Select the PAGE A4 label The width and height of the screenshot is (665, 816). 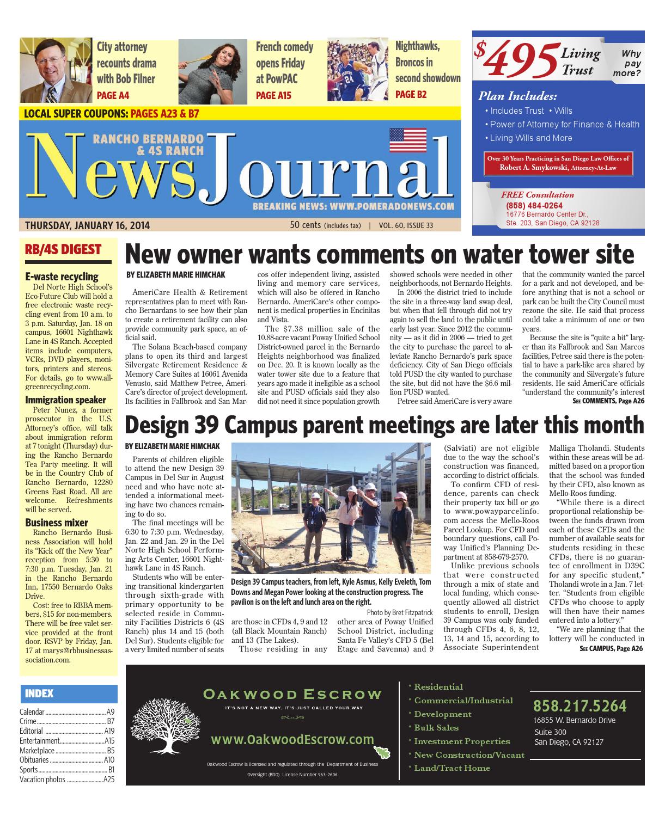tap(113, 96)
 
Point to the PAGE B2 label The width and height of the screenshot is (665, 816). tap(411, 95)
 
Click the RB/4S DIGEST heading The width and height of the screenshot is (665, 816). tap(63, 250)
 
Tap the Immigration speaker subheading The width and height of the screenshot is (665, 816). tap(65, 400)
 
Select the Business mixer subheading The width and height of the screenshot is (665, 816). tap(57, 523)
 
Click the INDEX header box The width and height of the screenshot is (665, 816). tap(68, 694)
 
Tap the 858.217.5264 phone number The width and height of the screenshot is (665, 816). tap(579, 706)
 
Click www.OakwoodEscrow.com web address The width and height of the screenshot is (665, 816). tap(292, 739)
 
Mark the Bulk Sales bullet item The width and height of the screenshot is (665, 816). tap(436, 728)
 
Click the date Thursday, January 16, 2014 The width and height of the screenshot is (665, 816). tap(87, 225)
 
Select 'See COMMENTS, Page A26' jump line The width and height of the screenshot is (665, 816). tap(608, 401)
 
